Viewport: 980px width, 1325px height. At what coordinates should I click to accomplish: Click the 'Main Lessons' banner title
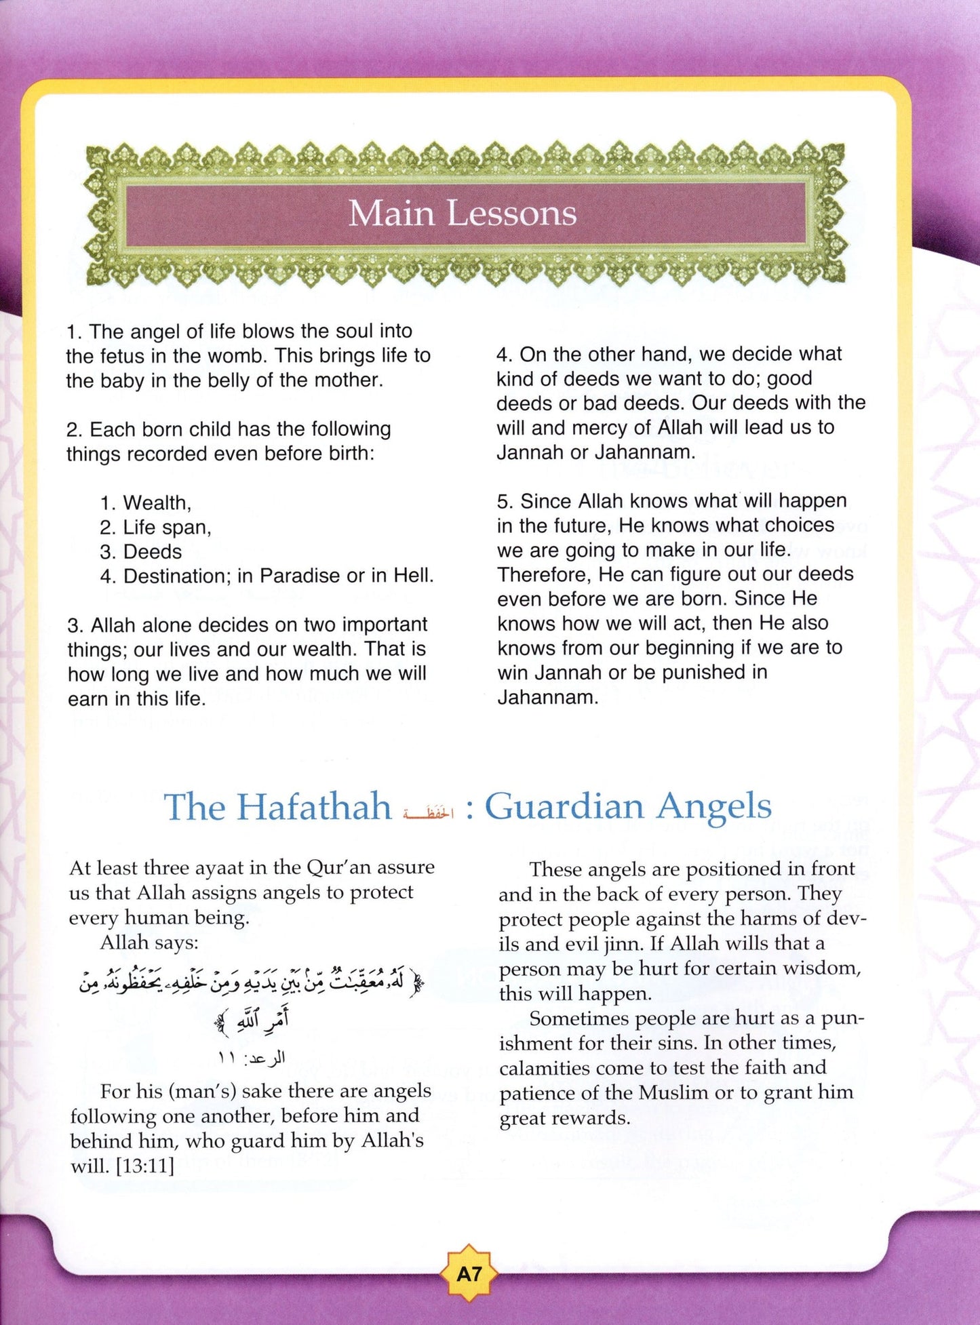(463, 213)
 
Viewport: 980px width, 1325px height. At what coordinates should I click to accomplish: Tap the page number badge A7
(469, 1274)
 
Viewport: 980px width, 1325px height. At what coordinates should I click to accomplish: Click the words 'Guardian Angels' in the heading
(628, 807)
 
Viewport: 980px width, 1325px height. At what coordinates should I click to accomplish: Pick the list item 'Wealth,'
(157, 503)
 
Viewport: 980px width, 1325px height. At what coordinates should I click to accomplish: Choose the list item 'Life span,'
(166, 528)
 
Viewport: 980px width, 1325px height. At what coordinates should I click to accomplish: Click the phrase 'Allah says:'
(149, 942)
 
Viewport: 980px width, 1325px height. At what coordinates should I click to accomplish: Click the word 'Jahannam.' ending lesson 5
(548, 697)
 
